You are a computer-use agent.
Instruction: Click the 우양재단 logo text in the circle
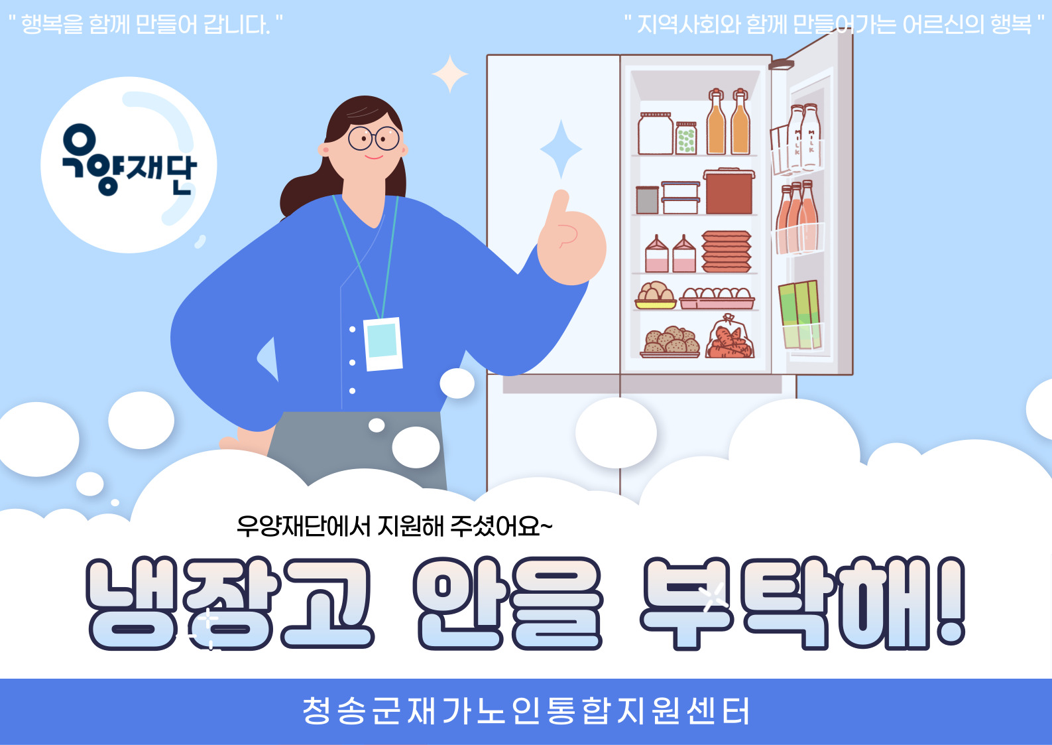click(x=129, y=160)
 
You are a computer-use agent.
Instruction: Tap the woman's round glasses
click(x=373, y=138)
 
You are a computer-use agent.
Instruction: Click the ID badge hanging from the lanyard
click(x=382, y=344)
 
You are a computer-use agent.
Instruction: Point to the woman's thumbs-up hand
click(x=571, y=239)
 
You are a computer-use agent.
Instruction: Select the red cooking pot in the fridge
click(x=729, y=191)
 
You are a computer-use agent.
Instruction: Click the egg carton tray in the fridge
click(x=717, y=298)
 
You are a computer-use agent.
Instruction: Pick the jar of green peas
click(x=686, y=138)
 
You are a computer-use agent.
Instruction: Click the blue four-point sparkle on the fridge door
click(x=561, y=149)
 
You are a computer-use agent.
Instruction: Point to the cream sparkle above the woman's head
click(x=450, y=74)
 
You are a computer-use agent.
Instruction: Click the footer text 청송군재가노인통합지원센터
click(x=526, y=711)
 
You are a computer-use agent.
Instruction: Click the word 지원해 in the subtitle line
click(x=410, y=526)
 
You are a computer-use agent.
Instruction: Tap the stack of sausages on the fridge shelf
click(x=727, y=251)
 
